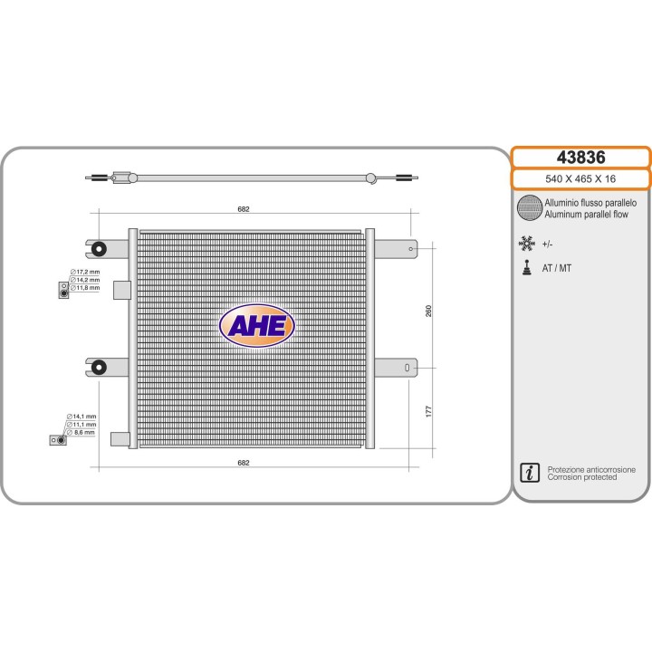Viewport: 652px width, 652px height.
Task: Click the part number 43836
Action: (x=580, y=158)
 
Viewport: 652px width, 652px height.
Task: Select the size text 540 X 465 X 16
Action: (x=580, y=178)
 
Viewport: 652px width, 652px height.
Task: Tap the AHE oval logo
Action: (x=257, y=326)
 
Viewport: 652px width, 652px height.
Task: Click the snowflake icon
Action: (x=526, y=244)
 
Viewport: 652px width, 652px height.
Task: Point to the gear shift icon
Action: (x=527, y=268)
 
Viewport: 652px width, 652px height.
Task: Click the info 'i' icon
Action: (x=530, y=473)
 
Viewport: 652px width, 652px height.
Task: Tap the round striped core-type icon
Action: (x=530, y=208)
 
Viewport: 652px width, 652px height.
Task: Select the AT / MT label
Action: (x=557, y=268)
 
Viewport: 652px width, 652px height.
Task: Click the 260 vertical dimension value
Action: (x=428, y=311)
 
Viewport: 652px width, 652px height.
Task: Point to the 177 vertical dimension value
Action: (x=428, y=412)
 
